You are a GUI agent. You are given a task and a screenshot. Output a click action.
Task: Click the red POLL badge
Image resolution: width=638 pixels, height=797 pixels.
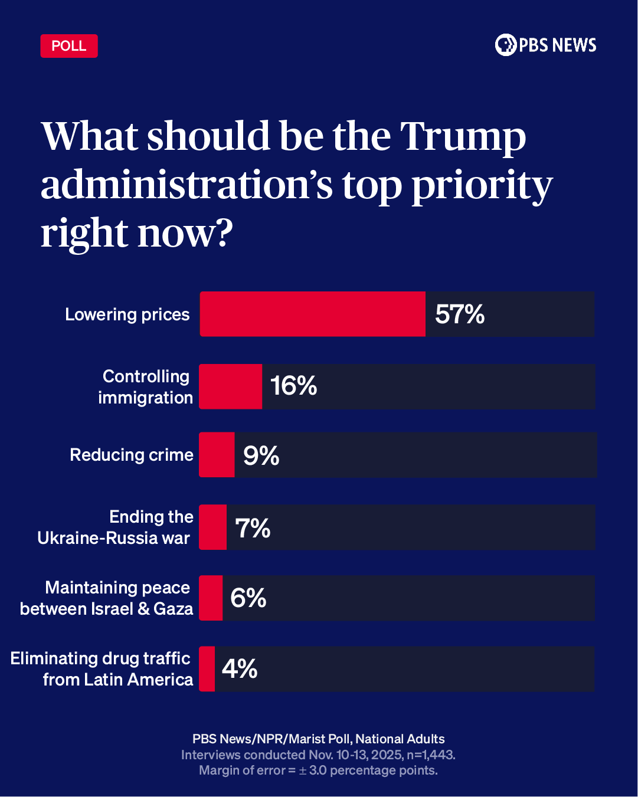pyautogui.click(x=69, y=46)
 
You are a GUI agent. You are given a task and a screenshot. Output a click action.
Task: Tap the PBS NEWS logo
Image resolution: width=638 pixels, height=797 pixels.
pyautogui.click(x=545, y=45)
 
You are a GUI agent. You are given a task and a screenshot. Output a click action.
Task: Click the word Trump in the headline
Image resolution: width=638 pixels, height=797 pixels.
pyautogui.click(x=463, y=137)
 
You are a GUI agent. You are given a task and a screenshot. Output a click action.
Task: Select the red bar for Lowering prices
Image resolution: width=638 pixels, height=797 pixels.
pyautogui.click(x=312, y=314)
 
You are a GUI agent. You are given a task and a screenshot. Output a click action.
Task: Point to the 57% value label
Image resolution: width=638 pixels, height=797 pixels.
pyautogui.click(x=460, y=314)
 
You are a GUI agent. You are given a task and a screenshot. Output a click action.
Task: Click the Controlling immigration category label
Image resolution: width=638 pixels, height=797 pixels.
pyautogui.click(x=145, y=387)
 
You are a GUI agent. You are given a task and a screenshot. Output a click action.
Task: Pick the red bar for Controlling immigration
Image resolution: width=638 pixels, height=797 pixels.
pyautogui.click(x=231, y=386)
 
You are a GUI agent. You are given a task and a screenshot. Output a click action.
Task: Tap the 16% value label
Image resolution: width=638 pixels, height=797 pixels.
pyautogui.click(x=293, y=386)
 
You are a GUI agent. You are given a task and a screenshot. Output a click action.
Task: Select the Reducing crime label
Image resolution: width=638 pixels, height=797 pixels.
pyautogui.click(x=132, y=455)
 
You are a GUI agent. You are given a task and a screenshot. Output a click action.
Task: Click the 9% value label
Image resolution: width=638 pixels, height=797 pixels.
pyautogui.click(x=261, y=455)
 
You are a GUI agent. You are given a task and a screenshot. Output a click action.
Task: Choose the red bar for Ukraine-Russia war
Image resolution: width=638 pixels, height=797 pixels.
pyautogui.click(x=213, y=527)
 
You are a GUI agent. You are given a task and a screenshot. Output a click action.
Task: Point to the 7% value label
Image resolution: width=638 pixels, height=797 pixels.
pyautogui.click(x=253, y=528)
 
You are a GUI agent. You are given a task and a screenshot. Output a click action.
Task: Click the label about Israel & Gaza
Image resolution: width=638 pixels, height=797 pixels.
pyautogui.click(x=107, y=598)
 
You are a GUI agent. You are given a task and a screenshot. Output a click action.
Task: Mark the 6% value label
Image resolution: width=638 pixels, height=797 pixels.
pyautogui.click(x=248, y=598)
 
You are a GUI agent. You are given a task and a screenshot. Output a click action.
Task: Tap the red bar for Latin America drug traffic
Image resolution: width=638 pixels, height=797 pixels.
pyautogui.click(x=207, y=669)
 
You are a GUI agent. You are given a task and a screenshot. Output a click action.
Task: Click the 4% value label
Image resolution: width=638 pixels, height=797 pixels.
pyautogui.click(x=240, y=669)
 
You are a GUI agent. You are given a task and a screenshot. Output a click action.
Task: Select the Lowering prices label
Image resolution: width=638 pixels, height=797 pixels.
pyautogui.click(x=127, y=314)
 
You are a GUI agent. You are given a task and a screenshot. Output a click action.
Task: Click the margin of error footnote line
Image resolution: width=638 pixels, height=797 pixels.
pyautogui.click(x=318, y=770)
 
